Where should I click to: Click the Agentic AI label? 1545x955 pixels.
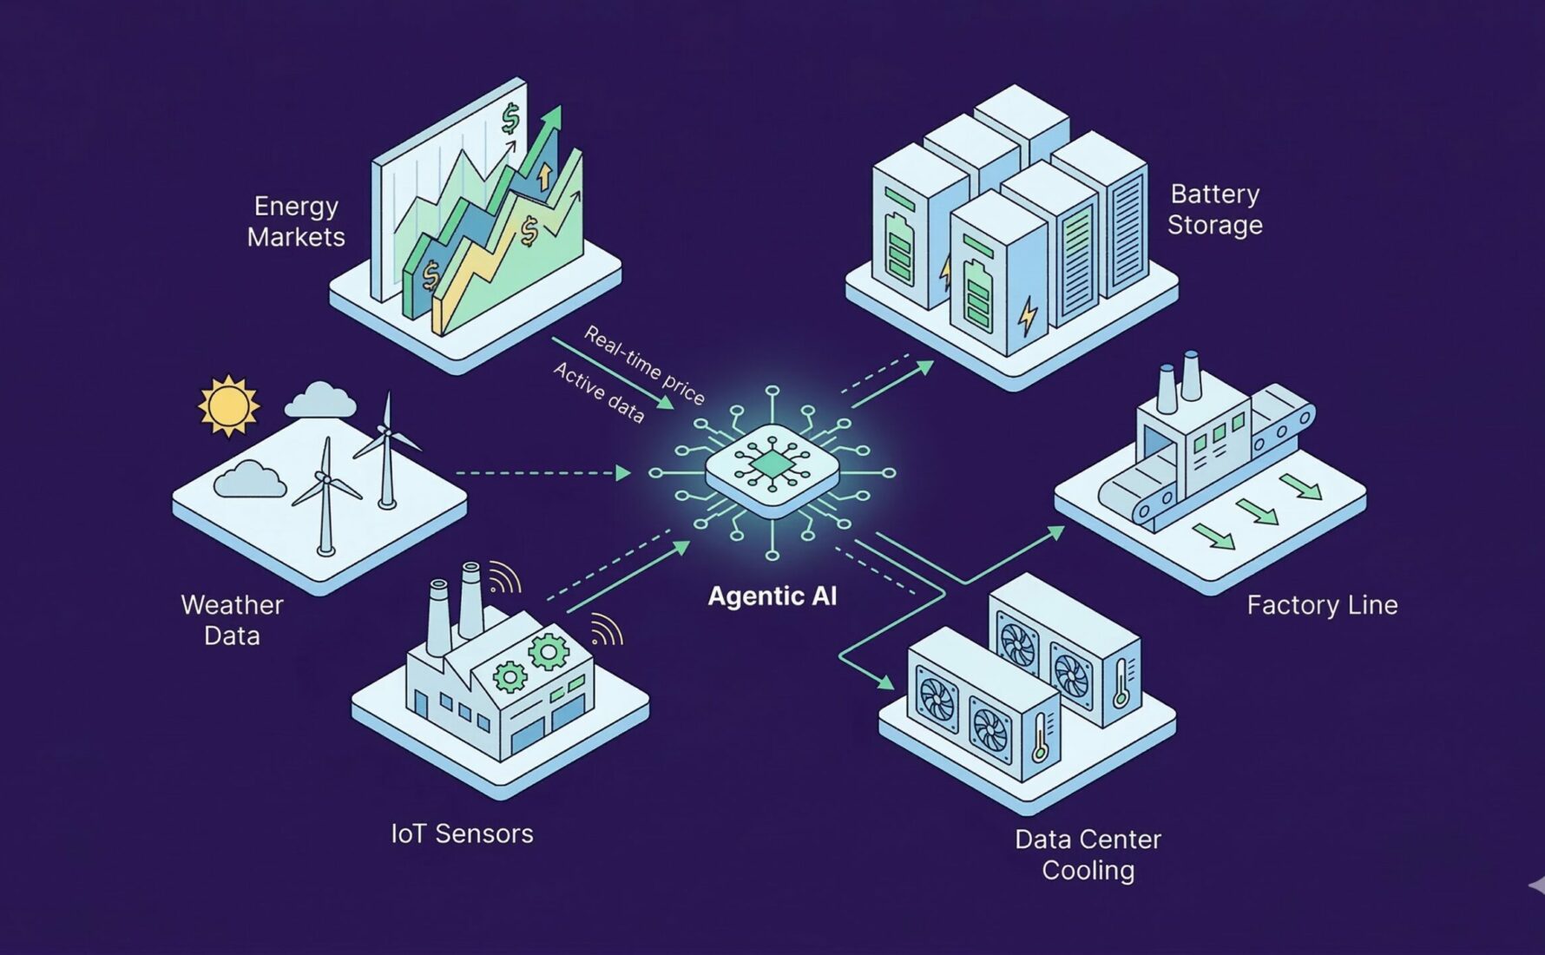[x=772, y=596]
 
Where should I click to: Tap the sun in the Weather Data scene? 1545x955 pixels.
[x=228, y=405]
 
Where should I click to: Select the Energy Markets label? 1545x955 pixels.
[x=296, y=221]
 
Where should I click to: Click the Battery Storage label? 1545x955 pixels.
[x=1214, y=209]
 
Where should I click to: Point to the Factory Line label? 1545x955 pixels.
[x=1322, y=605]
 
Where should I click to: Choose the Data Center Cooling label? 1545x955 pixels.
[x=1088, y=854]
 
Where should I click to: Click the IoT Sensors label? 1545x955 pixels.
[x=462, y=833]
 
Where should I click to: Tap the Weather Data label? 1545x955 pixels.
[x=232, y=620]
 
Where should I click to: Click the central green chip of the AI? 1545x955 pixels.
[x=772, y=467]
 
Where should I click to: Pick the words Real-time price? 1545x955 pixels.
[x=643, y=365]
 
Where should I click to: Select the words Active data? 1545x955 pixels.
[x=599, y=392]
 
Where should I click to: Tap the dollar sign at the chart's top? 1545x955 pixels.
[x=510, y=118]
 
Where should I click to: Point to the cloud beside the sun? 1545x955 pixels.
[x=320, y=399]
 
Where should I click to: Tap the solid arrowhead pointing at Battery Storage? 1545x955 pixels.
[x=925, y=366]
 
